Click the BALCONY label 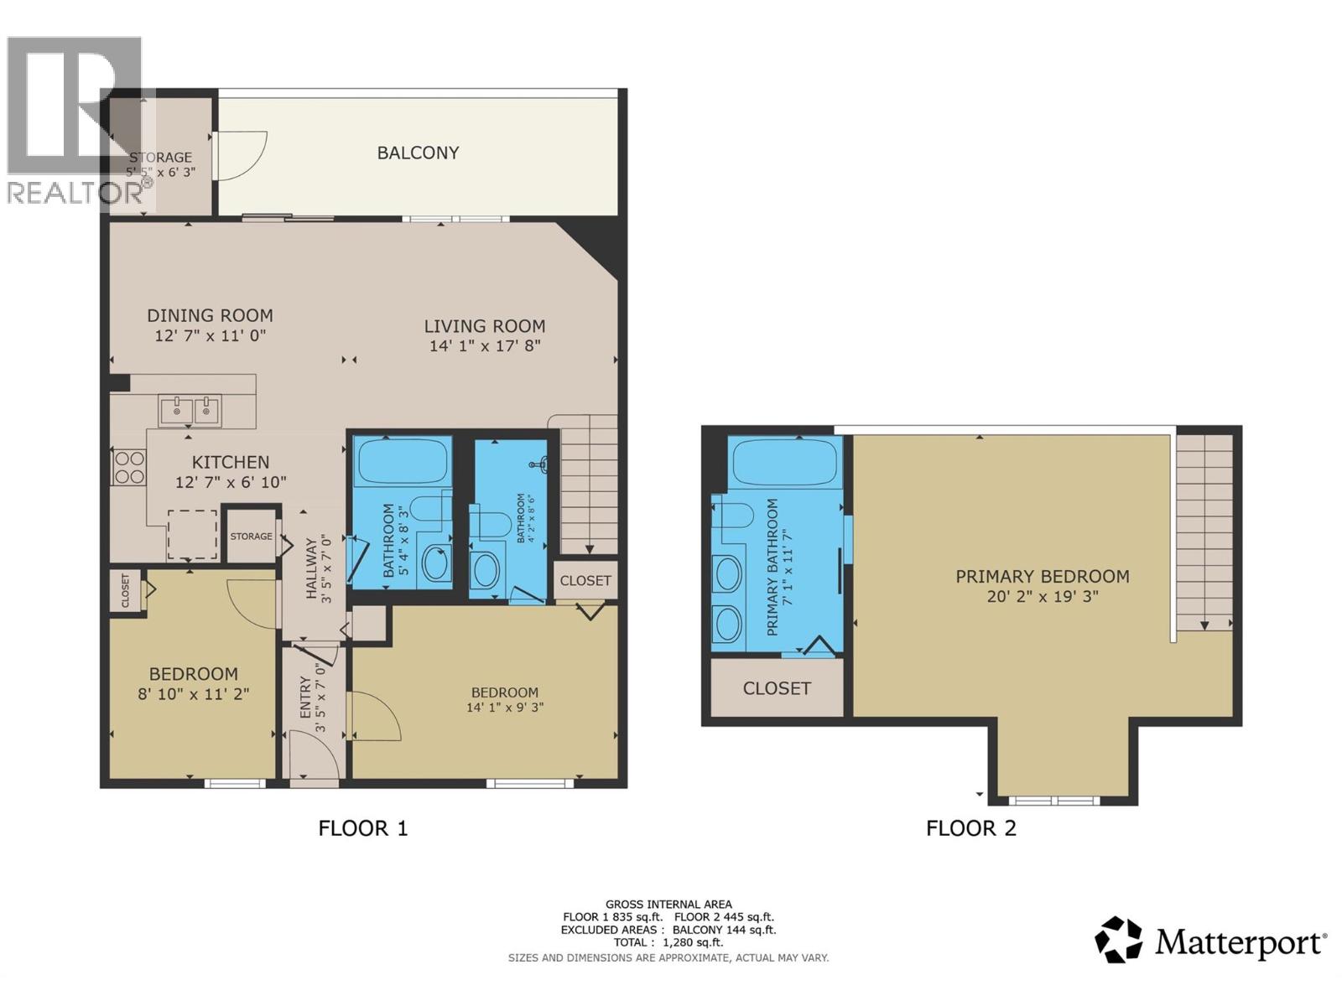pyautogui.click(x=418, y=153)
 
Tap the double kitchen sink pyautogui.click(x=190, y=411)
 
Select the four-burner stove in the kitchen pyautogui.click(x=129, y=467)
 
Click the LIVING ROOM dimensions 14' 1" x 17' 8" pyautogui.click(x=485, y=345)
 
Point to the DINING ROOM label pyautogui.click(x=210, y=315)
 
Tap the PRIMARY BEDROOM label pyautogui.click(x=1043, y=576)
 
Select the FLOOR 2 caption pyautogui.click(x=970, y=828)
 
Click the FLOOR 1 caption pyautogui.click(x=362, y=828)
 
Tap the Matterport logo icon pyautogui.click(x=1118, y=940)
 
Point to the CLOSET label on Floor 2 pyautogui.click(x=777, y=688)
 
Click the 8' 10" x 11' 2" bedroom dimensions pyautogui.click(x=193, y=694)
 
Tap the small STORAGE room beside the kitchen pyautogui.click(x=252, y=536)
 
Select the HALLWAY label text pyautogui.click(x=312, y=569)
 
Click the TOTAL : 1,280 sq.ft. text pyautogui.click(x=668, y=942)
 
